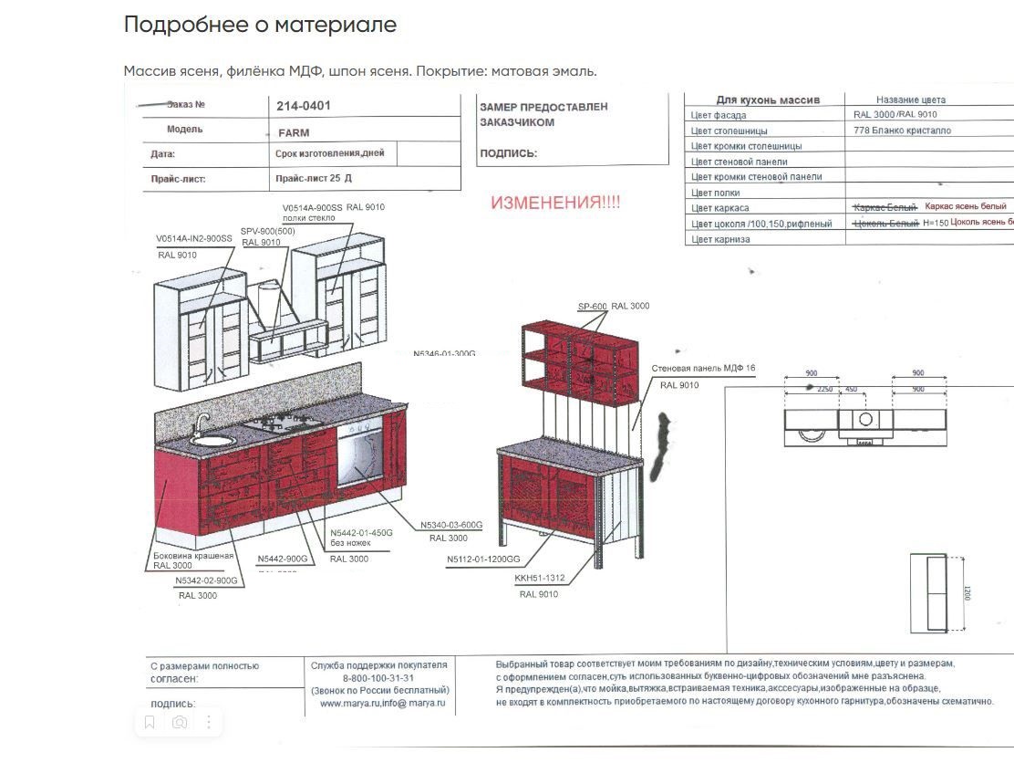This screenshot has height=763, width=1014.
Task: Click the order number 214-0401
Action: click(304, 106)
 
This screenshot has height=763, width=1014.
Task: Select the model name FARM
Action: click(294, 132)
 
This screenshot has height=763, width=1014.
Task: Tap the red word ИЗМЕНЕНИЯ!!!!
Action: click(555, 203)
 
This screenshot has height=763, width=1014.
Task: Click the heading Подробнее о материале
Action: click(260, 25)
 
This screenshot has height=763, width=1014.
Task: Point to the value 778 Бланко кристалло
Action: click(902, 131)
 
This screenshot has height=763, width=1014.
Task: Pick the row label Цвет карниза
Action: click(720, 239)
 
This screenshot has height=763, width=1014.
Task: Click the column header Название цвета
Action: click(910, 99)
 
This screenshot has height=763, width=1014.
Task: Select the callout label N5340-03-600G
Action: click(451, 526)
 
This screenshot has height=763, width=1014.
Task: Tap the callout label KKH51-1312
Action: click(540, 579)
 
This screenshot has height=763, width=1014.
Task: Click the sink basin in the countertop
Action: click(212, 440)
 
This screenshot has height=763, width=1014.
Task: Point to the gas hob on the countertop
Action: click(277, 423)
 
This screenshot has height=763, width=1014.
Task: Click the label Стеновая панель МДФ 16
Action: click(703, 369)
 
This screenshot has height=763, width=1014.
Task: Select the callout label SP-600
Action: click(592, 307)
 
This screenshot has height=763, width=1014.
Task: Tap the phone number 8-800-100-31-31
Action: click(378, 678)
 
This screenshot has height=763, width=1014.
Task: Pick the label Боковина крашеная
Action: click(193, 556)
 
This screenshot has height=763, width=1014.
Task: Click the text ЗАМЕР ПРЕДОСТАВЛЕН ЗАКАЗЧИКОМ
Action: click(543, 114)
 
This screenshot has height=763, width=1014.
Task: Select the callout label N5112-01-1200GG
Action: click(483, 559)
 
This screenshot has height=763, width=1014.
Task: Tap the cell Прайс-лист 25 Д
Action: click(313, 179)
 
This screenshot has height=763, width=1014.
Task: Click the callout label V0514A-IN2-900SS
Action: click(194, 239)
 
